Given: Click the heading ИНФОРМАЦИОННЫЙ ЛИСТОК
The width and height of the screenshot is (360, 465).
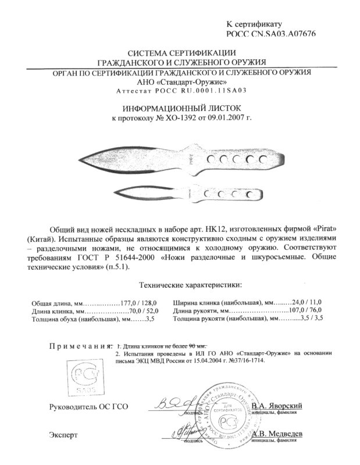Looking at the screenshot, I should click(x=180, y=108).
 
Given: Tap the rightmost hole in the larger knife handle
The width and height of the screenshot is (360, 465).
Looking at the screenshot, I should click(x=268, y=159).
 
